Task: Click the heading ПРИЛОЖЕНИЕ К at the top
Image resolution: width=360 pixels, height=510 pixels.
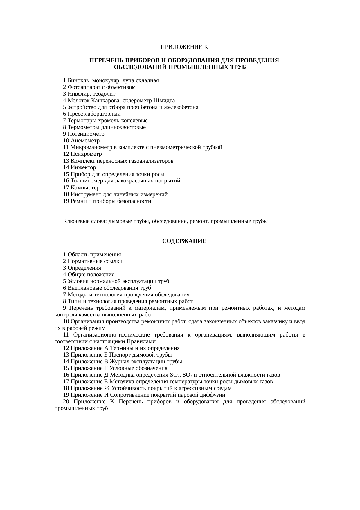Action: coord(184,47)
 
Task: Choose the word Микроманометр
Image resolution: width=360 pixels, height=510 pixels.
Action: coord(91,147)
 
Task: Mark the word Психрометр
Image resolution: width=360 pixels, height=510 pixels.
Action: coord(86,154)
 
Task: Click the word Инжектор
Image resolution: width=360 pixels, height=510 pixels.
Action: coord(83,167)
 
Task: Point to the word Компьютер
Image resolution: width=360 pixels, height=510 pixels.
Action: coord(85,187)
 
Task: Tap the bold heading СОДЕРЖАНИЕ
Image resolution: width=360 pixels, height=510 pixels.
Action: coord(184,241)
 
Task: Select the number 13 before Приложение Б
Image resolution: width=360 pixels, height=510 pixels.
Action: coord(66,355)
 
